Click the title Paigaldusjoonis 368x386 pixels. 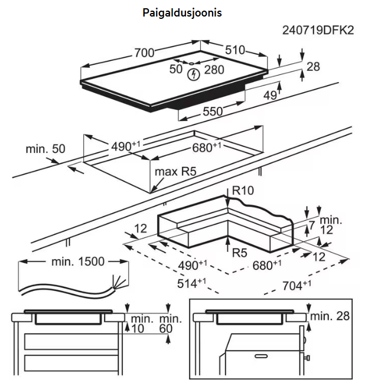tap(182, 12)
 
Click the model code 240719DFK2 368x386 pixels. tap(318, 30)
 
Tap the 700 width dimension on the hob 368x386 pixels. tap(144, 53)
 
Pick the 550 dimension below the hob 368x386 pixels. tap(213, 111)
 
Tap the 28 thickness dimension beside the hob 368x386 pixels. tap(313, 67)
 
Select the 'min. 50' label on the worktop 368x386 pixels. tap(45, 149)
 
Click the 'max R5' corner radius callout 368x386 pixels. tap(175, 172)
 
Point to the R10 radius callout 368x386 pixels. tap(242, 191)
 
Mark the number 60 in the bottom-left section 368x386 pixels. tap(167, 328)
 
